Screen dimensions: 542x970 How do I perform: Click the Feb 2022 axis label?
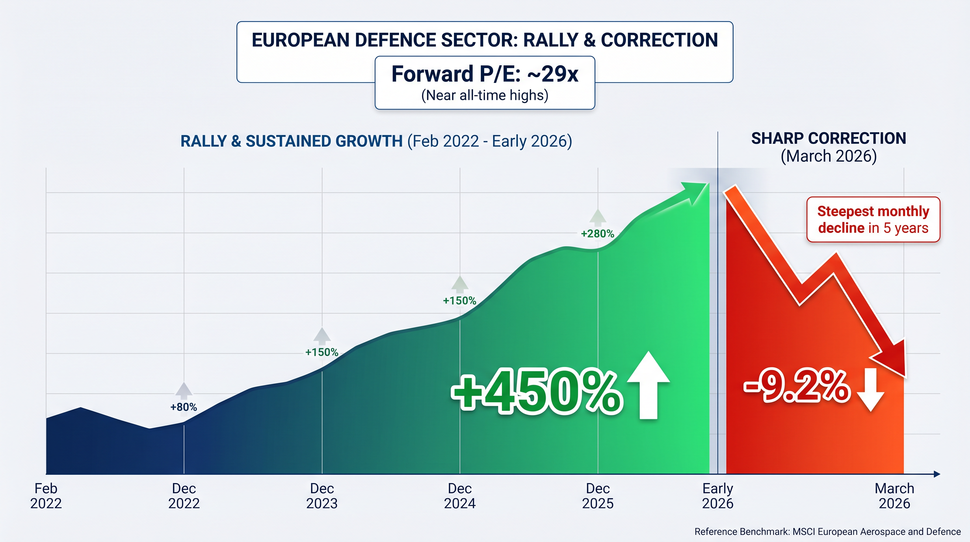pos(46,496)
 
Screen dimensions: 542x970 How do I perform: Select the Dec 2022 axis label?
pos(184,496)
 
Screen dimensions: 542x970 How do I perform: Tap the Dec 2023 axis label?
pos(322,496)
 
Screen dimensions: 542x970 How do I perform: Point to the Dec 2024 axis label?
pos(460,496)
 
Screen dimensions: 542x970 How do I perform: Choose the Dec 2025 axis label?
pos(597,496)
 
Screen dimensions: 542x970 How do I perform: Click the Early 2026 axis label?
pos(718,496)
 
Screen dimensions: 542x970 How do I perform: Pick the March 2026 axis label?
pos(894,496)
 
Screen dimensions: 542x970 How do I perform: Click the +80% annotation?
pos(184,407)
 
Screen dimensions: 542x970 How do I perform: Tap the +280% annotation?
pos(597,234)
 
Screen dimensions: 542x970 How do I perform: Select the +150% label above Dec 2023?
pos(322,352)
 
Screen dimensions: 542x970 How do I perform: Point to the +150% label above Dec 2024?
pos(460,301)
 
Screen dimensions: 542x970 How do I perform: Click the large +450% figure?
pos(536,392)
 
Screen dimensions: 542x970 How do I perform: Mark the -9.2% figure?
pos(797,386)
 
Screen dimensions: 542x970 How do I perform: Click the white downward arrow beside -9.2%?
pos(870,390)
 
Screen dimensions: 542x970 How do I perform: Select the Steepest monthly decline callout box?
pos(873,219)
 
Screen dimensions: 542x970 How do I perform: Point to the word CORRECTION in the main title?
pos(659,40)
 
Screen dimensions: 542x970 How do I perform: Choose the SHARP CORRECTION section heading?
pos(828,139)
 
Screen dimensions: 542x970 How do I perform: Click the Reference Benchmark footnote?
pos(828,531)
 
